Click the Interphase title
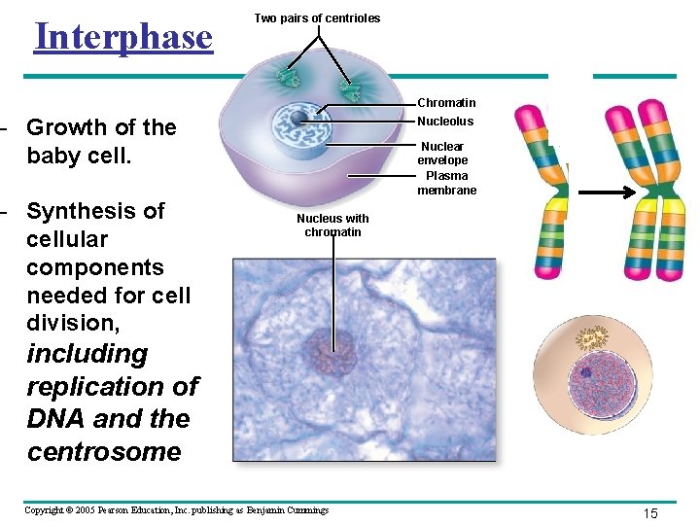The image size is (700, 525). [x=122, y=37]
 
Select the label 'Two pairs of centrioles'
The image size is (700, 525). [x=317, y=18]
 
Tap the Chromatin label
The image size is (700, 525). [x=445, y=103]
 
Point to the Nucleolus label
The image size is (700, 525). [x=445, y=122]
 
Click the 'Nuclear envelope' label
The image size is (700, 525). [x=442, y=154]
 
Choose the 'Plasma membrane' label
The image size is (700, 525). [x=446, y=183]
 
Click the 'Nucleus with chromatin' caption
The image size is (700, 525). [x=332, y=226]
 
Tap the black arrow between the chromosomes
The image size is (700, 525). [x=595, y=194]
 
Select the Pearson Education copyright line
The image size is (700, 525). [x=176, y=510]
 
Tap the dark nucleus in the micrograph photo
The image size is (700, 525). [x=332, y=351]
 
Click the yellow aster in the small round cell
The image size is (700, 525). [x=592, y=338]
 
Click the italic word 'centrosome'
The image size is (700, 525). [x=104, y=452]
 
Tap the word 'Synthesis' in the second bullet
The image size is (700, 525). [x=95, y=211]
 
